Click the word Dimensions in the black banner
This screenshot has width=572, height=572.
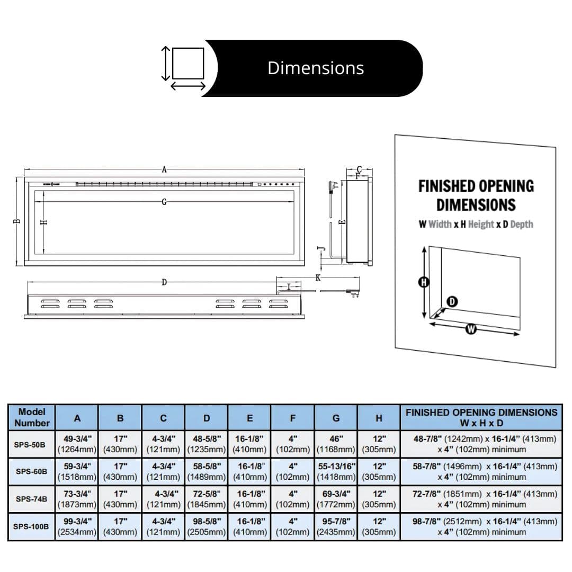(x=316, y=68)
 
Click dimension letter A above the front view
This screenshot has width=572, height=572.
(x=165, y=169)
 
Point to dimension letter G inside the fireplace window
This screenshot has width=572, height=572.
(x=164, y=202)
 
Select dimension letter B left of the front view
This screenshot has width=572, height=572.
(x=17, y=221)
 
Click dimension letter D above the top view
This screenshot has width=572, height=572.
(x=164, y=282)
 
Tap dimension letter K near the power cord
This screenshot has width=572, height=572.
(x=318, y=278)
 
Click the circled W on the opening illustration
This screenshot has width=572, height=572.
(x=471, y=329)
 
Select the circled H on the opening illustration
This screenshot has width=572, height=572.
(x=424, y=282)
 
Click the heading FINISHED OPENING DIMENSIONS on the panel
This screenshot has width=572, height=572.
(x=476, y=195)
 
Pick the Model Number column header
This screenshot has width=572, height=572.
(x=32, y=417)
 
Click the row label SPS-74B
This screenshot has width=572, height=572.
(x=31, y=499)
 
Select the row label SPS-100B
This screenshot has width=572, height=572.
(x=31, y=526)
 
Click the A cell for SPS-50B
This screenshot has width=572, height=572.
(x=77, y=444)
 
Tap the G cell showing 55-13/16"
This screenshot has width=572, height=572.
(x=336, y=471)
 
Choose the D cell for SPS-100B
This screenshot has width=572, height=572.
(x=207, y=526)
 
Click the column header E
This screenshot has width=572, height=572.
(x=249, y=418)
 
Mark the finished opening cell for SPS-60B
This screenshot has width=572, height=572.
(x=481, y=471)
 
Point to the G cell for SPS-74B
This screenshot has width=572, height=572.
(x=336, y=499)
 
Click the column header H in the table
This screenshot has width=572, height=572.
(x=379, y=418)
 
